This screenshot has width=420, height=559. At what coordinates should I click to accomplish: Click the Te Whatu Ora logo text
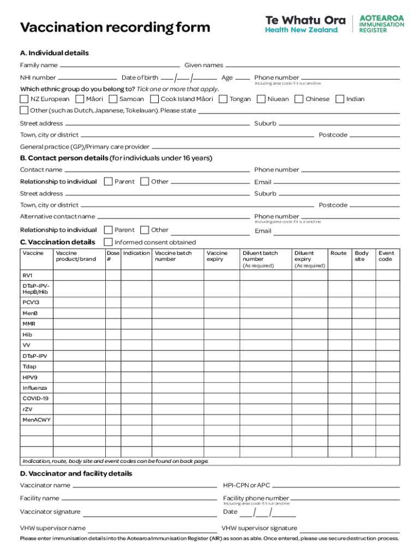click(x=305, y=20)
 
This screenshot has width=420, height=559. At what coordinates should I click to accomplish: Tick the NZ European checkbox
click(x=24, y=99)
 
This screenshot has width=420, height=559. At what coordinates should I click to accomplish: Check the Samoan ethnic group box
click(x=113, y=99)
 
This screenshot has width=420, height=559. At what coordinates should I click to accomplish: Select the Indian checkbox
click(x=340, y=99)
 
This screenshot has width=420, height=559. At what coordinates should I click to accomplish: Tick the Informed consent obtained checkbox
click(x=108, y=242)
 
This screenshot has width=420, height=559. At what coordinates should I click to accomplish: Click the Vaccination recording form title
click(x=115, y=27)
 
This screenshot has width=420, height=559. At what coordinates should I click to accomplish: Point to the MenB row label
click(x=30, y=313)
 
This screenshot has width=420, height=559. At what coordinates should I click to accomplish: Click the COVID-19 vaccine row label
click(x=35, y=398)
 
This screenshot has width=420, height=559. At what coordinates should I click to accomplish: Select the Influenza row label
click(x=34, y=388)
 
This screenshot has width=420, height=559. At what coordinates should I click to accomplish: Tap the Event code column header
click(x=386, y=256)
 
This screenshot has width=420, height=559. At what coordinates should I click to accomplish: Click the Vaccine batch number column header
click(x=173, y=256)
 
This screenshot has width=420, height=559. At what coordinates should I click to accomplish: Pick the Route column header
click(x=338, y=253)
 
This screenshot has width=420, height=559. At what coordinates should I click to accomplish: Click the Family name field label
click(x=39, y=66)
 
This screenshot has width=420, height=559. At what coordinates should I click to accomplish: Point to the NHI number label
click(x=38, y=78)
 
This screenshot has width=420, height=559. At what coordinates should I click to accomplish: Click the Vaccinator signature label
click(x=50, y=512)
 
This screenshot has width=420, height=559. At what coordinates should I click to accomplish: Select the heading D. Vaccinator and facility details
click(x=76, y=473)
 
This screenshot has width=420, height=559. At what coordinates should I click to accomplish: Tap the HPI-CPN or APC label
click(x=247, y=485)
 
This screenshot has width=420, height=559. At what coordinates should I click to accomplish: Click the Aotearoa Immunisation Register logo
click(x=381, y=24)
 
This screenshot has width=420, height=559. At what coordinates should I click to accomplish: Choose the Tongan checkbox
click(x=223, y=99)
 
